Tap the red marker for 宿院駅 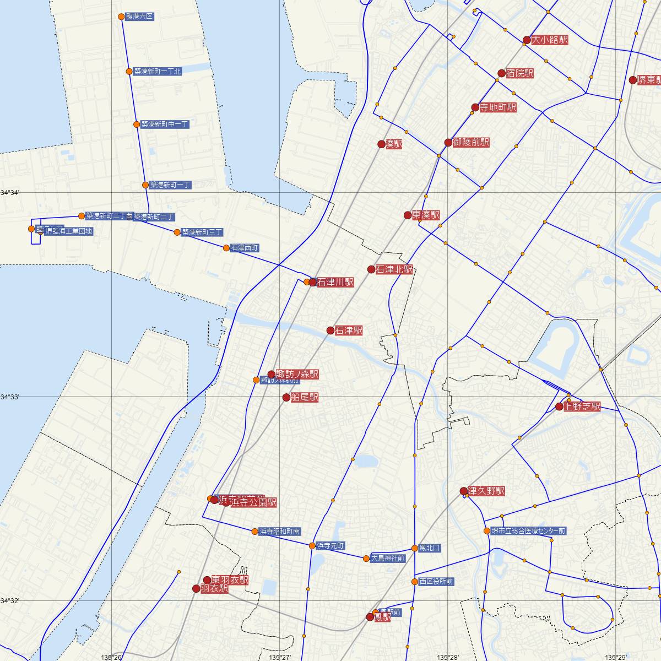[501, 73]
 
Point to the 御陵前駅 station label [471, 142]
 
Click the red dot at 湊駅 [381, 144]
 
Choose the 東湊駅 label [426, 215]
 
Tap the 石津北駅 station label [394, 269]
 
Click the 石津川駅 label [335, 282]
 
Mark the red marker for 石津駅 [330, 330]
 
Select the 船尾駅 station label [305, 397]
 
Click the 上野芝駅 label [582, 407]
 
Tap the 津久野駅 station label [486, 491]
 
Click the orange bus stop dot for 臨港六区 [122, 17]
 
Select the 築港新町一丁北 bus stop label [158, 72]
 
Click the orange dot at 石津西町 [226, 248]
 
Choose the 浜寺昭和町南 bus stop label [280, 532]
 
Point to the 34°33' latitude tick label [10, 397]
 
